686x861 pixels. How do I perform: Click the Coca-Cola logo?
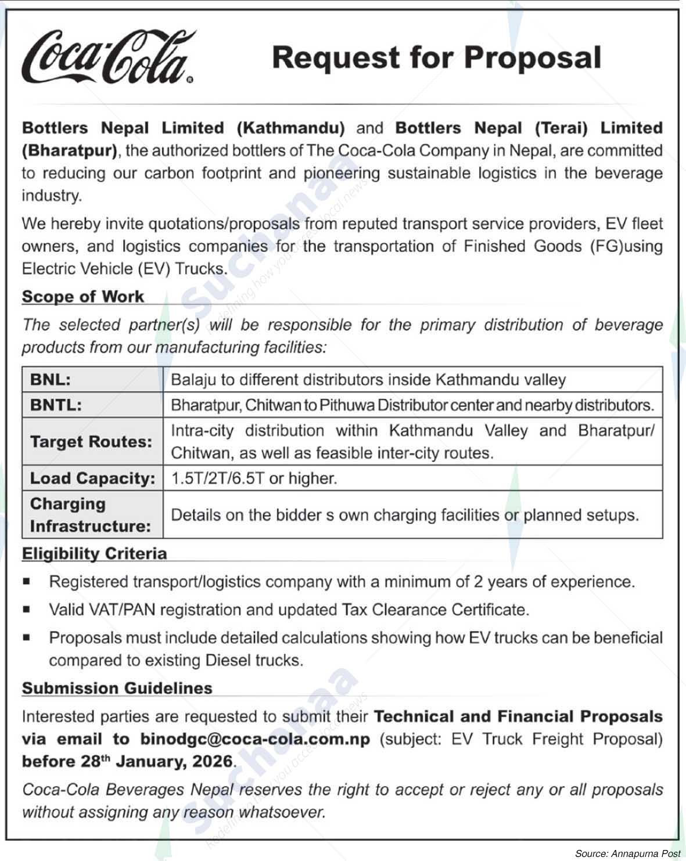point(107,58)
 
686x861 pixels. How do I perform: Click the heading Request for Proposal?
point(436,58)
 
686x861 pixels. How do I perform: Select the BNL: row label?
point(51,380)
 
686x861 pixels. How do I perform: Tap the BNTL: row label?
point(56,405)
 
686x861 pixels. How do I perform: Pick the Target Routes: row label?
point(91,442)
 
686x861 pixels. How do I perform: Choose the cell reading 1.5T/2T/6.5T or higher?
point(254,478)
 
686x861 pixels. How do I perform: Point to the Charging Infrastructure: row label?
point(90,515)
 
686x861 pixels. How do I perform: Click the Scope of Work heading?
point(82,297)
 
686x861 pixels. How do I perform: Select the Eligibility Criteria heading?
point(94,554)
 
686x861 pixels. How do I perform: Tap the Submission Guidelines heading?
point(117,689)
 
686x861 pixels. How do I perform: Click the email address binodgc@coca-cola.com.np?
point(255,739)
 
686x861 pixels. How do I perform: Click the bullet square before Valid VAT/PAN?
point(26,610)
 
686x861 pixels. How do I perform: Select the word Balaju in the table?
point(193,380)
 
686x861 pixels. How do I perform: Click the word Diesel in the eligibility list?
point(229,661)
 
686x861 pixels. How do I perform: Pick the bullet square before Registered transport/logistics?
point(26,581)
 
